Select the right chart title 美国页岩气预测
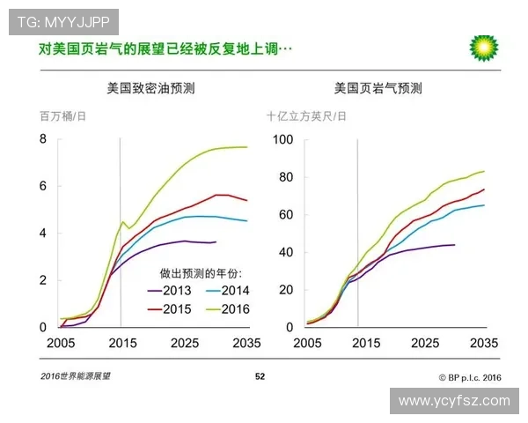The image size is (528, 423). pyautogui.click(x=378, y=88)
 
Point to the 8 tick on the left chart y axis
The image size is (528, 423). pyautogui.click(x=42, y=139)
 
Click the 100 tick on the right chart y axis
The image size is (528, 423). pyautogui.click(x=282, y=139)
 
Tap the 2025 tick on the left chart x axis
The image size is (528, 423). pyautogui.click(x=183, y=342)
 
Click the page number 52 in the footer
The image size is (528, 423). pyautogui.click(x=260, y=376)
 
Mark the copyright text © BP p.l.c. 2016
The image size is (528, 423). pyautogui.click(x=469, y=376)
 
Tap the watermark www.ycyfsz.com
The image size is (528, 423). pyautogui.click(x=453, y=400)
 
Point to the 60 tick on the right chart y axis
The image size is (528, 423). pyautogui.click(x=284, y=214)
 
